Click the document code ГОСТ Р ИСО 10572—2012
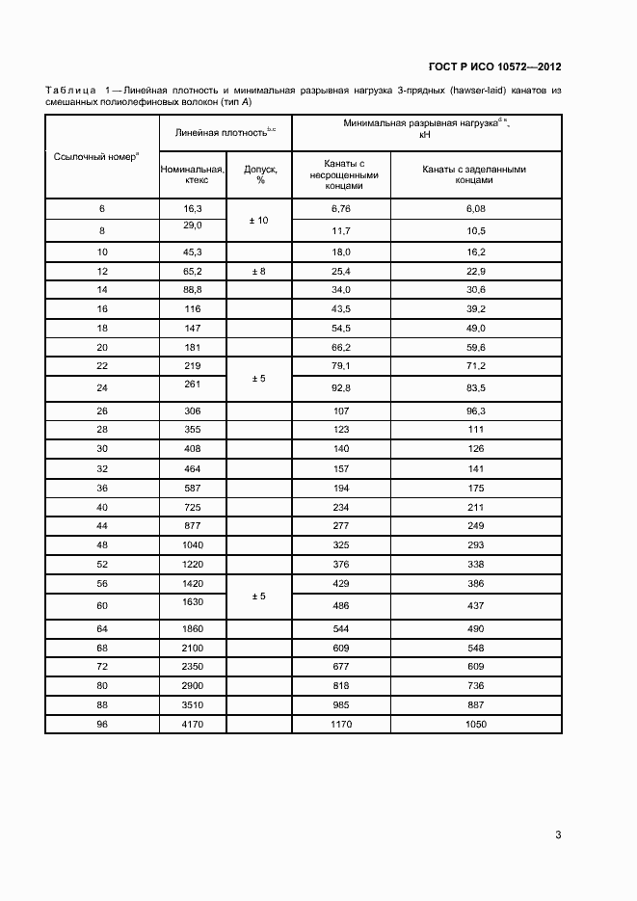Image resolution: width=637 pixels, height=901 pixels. click(495, 66)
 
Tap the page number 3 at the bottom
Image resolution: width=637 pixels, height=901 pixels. click(558, 835)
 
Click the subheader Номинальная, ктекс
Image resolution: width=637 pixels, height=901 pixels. click(192, 174)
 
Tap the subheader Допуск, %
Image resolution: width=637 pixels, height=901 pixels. click(259, 174)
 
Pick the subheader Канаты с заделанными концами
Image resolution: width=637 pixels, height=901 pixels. click(475, 174)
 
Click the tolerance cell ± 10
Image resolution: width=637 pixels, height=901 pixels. click(259, 221)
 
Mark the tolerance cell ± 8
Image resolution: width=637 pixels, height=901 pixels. click(259, 272)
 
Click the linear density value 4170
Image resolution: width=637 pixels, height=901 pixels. click(192, 723)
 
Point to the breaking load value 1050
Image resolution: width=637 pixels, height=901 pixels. click(475, 723)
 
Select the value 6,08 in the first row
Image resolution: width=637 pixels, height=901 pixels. click(475, 209)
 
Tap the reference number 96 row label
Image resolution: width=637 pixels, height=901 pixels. click(102, 723)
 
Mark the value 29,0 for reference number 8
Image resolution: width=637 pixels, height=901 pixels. click(192, 225)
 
